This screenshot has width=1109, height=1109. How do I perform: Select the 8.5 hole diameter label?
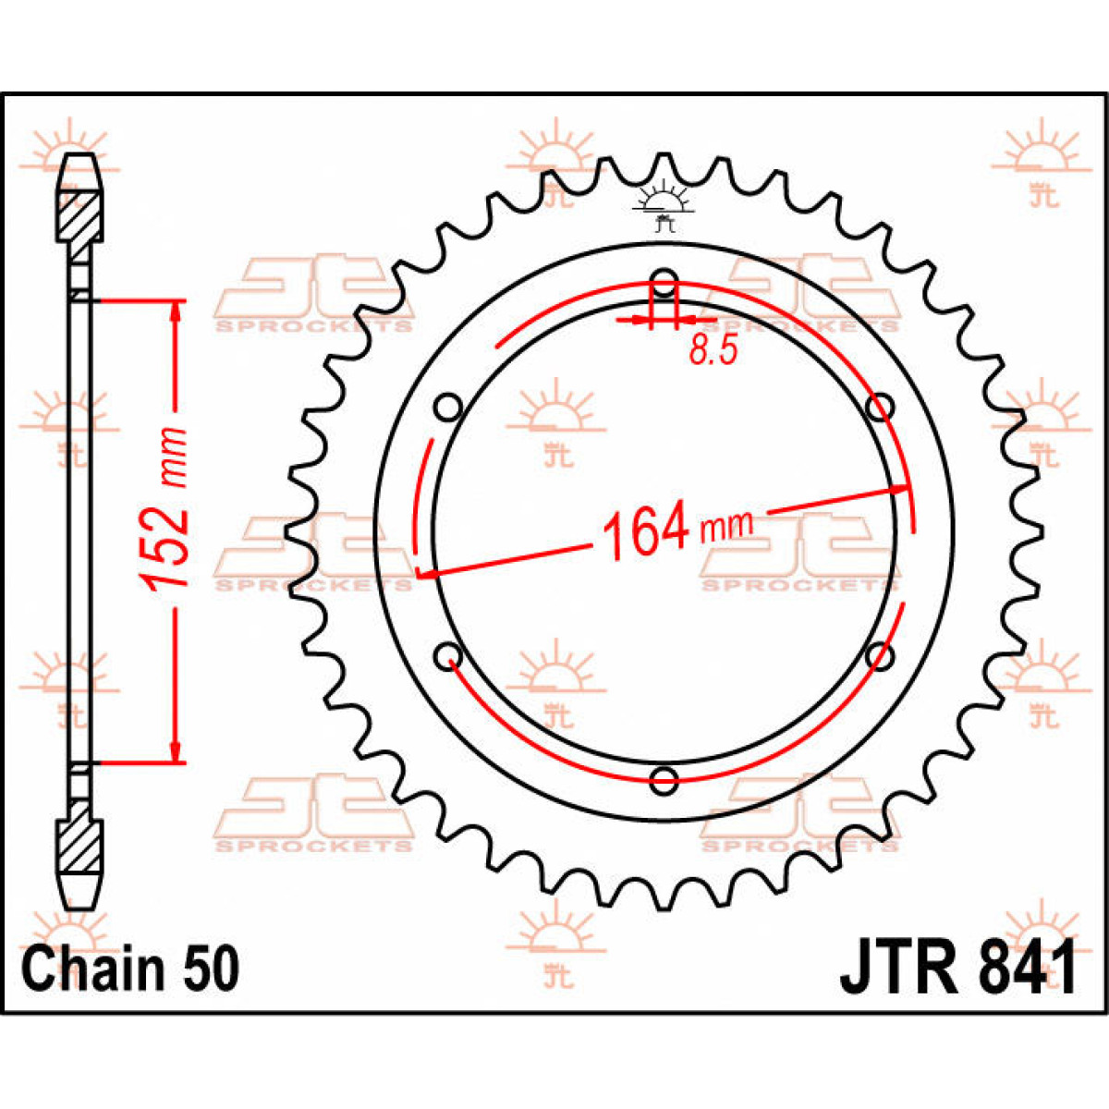(x=713, y=350)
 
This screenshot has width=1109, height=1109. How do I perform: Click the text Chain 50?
(x=130, y=969)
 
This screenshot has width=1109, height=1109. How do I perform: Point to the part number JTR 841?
(x=957, y=968)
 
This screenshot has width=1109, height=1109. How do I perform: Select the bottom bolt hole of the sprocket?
(x=664, y=779)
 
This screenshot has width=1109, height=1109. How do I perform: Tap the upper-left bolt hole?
(x=448, y=407)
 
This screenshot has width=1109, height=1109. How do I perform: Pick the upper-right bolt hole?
(x=881, y=407)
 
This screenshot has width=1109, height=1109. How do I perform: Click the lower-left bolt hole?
(x=448, y=655)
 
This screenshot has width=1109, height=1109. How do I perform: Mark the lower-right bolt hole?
(x=881, y=655)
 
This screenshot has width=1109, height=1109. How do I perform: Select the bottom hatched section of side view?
(x=80, y=844)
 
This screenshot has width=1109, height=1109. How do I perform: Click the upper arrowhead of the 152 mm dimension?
(x=174, y=311)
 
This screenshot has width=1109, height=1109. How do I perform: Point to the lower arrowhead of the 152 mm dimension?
(x=174, y=752)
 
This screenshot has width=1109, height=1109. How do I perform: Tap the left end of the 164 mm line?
(x=421, y=576)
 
